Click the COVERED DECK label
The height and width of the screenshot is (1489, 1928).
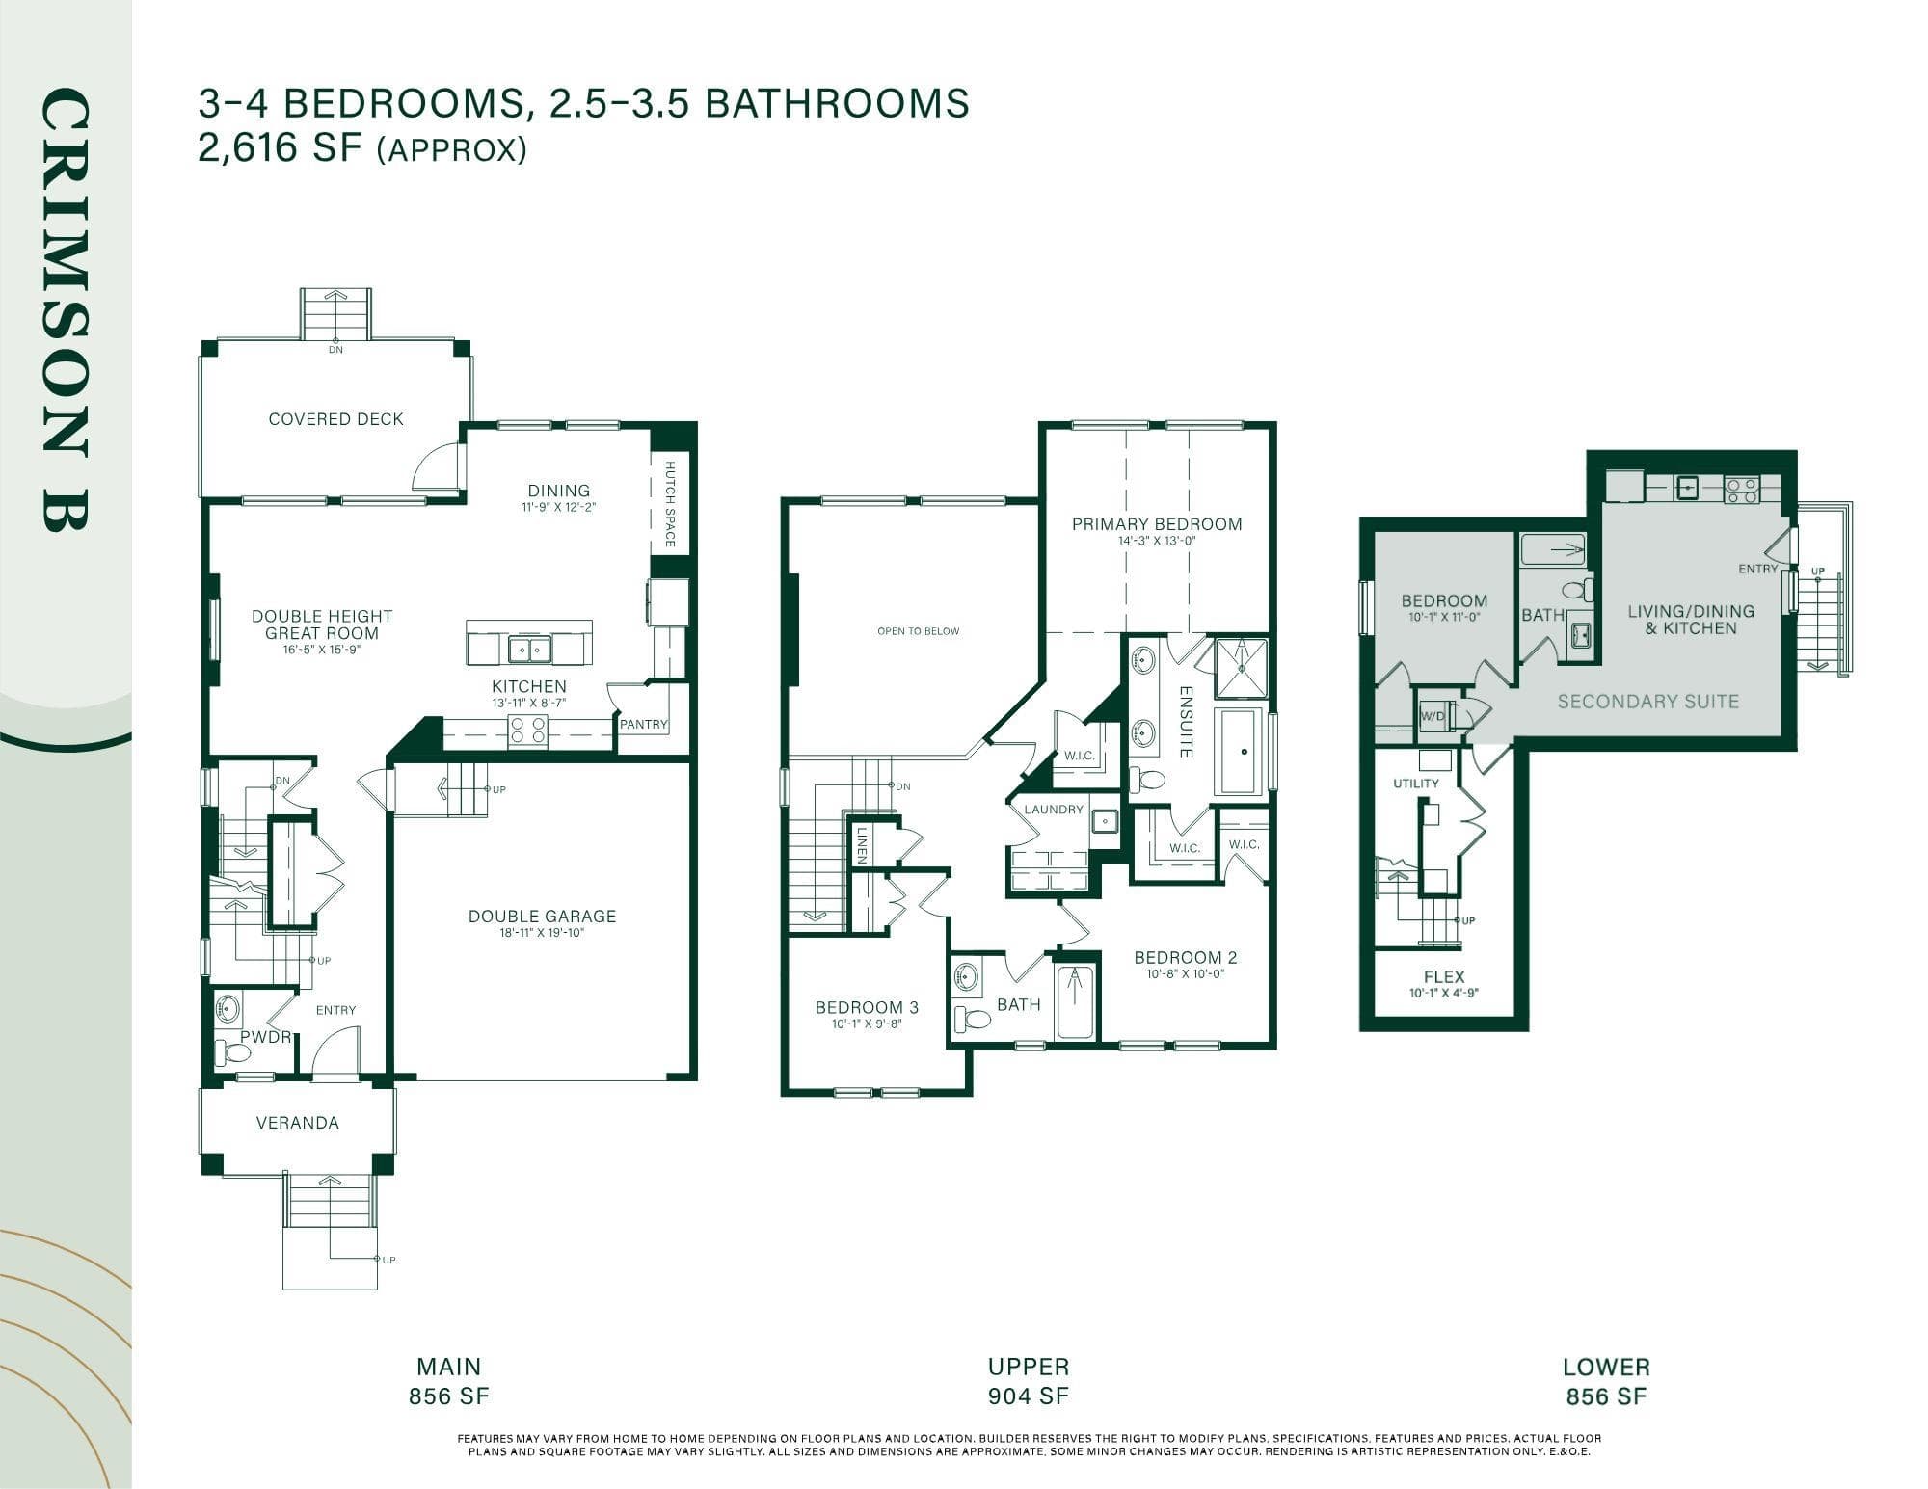pos(335,419)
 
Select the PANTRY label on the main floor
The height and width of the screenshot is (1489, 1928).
pos(644,724)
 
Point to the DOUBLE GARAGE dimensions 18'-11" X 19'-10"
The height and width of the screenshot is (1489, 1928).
pos(542,932)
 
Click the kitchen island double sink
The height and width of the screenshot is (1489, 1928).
pos(529,650)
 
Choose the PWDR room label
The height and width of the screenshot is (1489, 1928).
pos(265,1037)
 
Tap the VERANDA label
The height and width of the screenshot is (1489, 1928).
pos(298,1123)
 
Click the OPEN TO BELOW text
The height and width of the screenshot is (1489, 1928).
pos(919,631)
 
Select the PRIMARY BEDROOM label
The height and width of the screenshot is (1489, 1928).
pos(1157,524)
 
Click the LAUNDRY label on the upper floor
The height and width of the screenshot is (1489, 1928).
pos(1054,810)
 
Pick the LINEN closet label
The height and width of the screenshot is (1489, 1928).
pos(862,844)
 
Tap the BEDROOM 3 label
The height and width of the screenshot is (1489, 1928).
pos(867,1007)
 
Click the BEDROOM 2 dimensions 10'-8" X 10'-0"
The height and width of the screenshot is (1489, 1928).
pos(1185,973)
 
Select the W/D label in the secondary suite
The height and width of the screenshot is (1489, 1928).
pos(1433,716)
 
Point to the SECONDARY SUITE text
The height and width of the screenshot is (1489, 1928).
pos(1648,702)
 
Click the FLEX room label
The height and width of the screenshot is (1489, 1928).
pos(1444,976)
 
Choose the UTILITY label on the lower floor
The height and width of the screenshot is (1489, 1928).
pos(1416,784)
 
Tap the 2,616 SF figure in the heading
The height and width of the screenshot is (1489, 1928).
pos(280,149)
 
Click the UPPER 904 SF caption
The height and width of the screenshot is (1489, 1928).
pos(1029,1381)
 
